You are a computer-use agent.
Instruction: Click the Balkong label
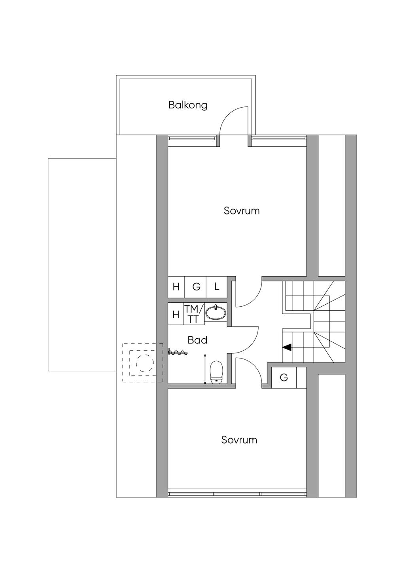(188, 105)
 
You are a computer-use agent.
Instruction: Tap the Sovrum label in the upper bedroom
(242, 211)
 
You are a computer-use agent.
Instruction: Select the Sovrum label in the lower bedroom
(239, 440)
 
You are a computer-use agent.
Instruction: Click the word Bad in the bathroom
(197, 340)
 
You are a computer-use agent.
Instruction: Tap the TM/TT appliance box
(194, 314)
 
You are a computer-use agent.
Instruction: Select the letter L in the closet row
(217, 286)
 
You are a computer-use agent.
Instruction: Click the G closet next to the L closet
(197, 286)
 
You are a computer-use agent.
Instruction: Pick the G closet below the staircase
(284, 378)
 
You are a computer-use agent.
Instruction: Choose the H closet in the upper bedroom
(176, 286)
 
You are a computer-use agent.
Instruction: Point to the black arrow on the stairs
(287, 347)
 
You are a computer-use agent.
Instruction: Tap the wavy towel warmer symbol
(178, 352)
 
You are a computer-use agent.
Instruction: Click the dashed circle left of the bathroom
(145, 362)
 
